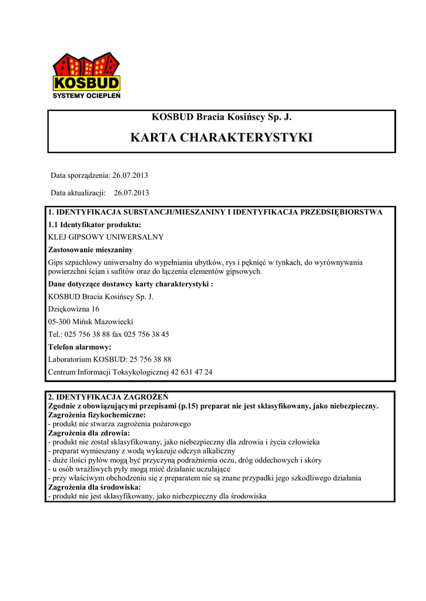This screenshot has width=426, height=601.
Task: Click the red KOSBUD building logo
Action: tap(86, 72)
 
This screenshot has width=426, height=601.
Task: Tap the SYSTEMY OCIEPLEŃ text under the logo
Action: tap(86, 95)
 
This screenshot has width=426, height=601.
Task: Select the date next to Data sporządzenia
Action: tap(130, 175)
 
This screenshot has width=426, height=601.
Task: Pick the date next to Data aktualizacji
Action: tap(132, 193)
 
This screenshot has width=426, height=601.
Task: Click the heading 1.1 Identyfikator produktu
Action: tap(94, 225)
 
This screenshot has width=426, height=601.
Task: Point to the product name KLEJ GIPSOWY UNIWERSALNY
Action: tap(105, 237)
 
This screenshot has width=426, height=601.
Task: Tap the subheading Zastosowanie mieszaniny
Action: tap(90, 250)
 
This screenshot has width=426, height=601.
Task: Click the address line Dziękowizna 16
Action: tap(73, 309)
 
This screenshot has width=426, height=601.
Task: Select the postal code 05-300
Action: tap(59, 322)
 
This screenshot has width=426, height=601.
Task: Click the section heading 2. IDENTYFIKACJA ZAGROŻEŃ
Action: tap(108, 397)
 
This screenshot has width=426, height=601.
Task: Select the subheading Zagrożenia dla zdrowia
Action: tap(89, 433)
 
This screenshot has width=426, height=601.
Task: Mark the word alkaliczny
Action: tap(216, 451)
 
